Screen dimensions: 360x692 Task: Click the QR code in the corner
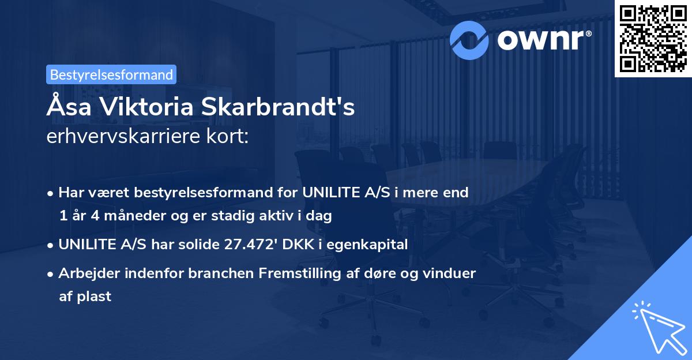coord(653,38)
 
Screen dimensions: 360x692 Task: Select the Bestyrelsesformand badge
coord(111,74)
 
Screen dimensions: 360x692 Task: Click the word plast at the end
coord(95,297)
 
